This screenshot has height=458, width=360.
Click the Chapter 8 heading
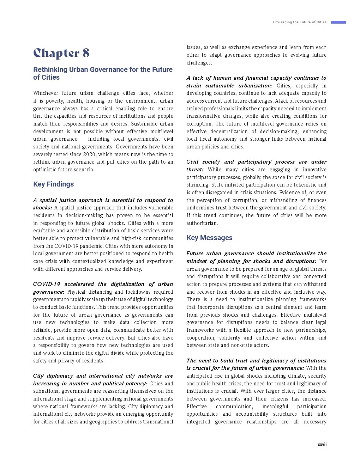coord(61,53)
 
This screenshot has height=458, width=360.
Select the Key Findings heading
coord(53,184)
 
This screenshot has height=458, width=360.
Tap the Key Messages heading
coord(209,238)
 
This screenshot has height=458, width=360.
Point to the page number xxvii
coord(322,445)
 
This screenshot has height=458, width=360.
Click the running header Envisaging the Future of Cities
coord(300,22)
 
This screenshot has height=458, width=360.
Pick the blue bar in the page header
coord(338,22)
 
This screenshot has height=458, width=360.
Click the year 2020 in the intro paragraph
coord(89,154)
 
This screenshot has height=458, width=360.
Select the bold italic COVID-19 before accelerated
coord(47,284)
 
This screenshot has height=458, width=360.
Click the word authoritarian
coord(202,223)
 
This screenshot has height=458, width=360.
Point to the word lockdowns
coord(139,292)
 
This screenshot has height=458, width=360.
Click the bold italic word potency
coord(136,384)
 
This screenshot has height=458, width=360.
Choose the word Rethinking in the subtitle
coord(50,69)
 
